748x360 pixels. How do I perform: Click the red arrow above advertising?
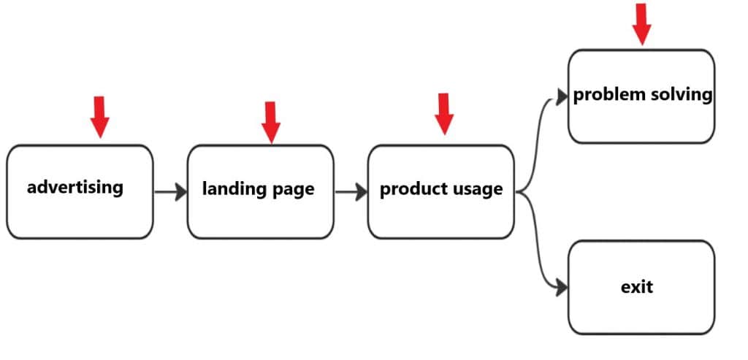(x=100, y=116)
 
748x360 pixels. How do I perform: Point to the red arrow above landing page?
(x=271, y=122)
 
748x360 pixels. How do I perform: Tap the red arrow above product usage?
(x=443, y=114)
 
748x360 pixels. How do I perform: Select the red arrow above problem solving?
(x=641, y=23)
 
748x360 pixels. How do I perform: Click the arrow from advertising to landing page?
(x=170, y=193)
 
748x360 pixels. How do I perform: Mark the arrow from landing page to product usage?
(x=351, y=193)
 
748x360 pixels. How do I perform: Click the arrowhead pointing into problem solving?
(x=562, y=96)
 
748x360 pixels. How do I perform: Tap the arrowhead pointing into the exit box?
(x=561, y=288)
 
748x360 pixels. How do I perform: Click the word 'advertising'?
(x=75, y=187)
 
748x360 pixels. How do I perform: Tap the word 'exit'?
(x=637, y=286)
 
